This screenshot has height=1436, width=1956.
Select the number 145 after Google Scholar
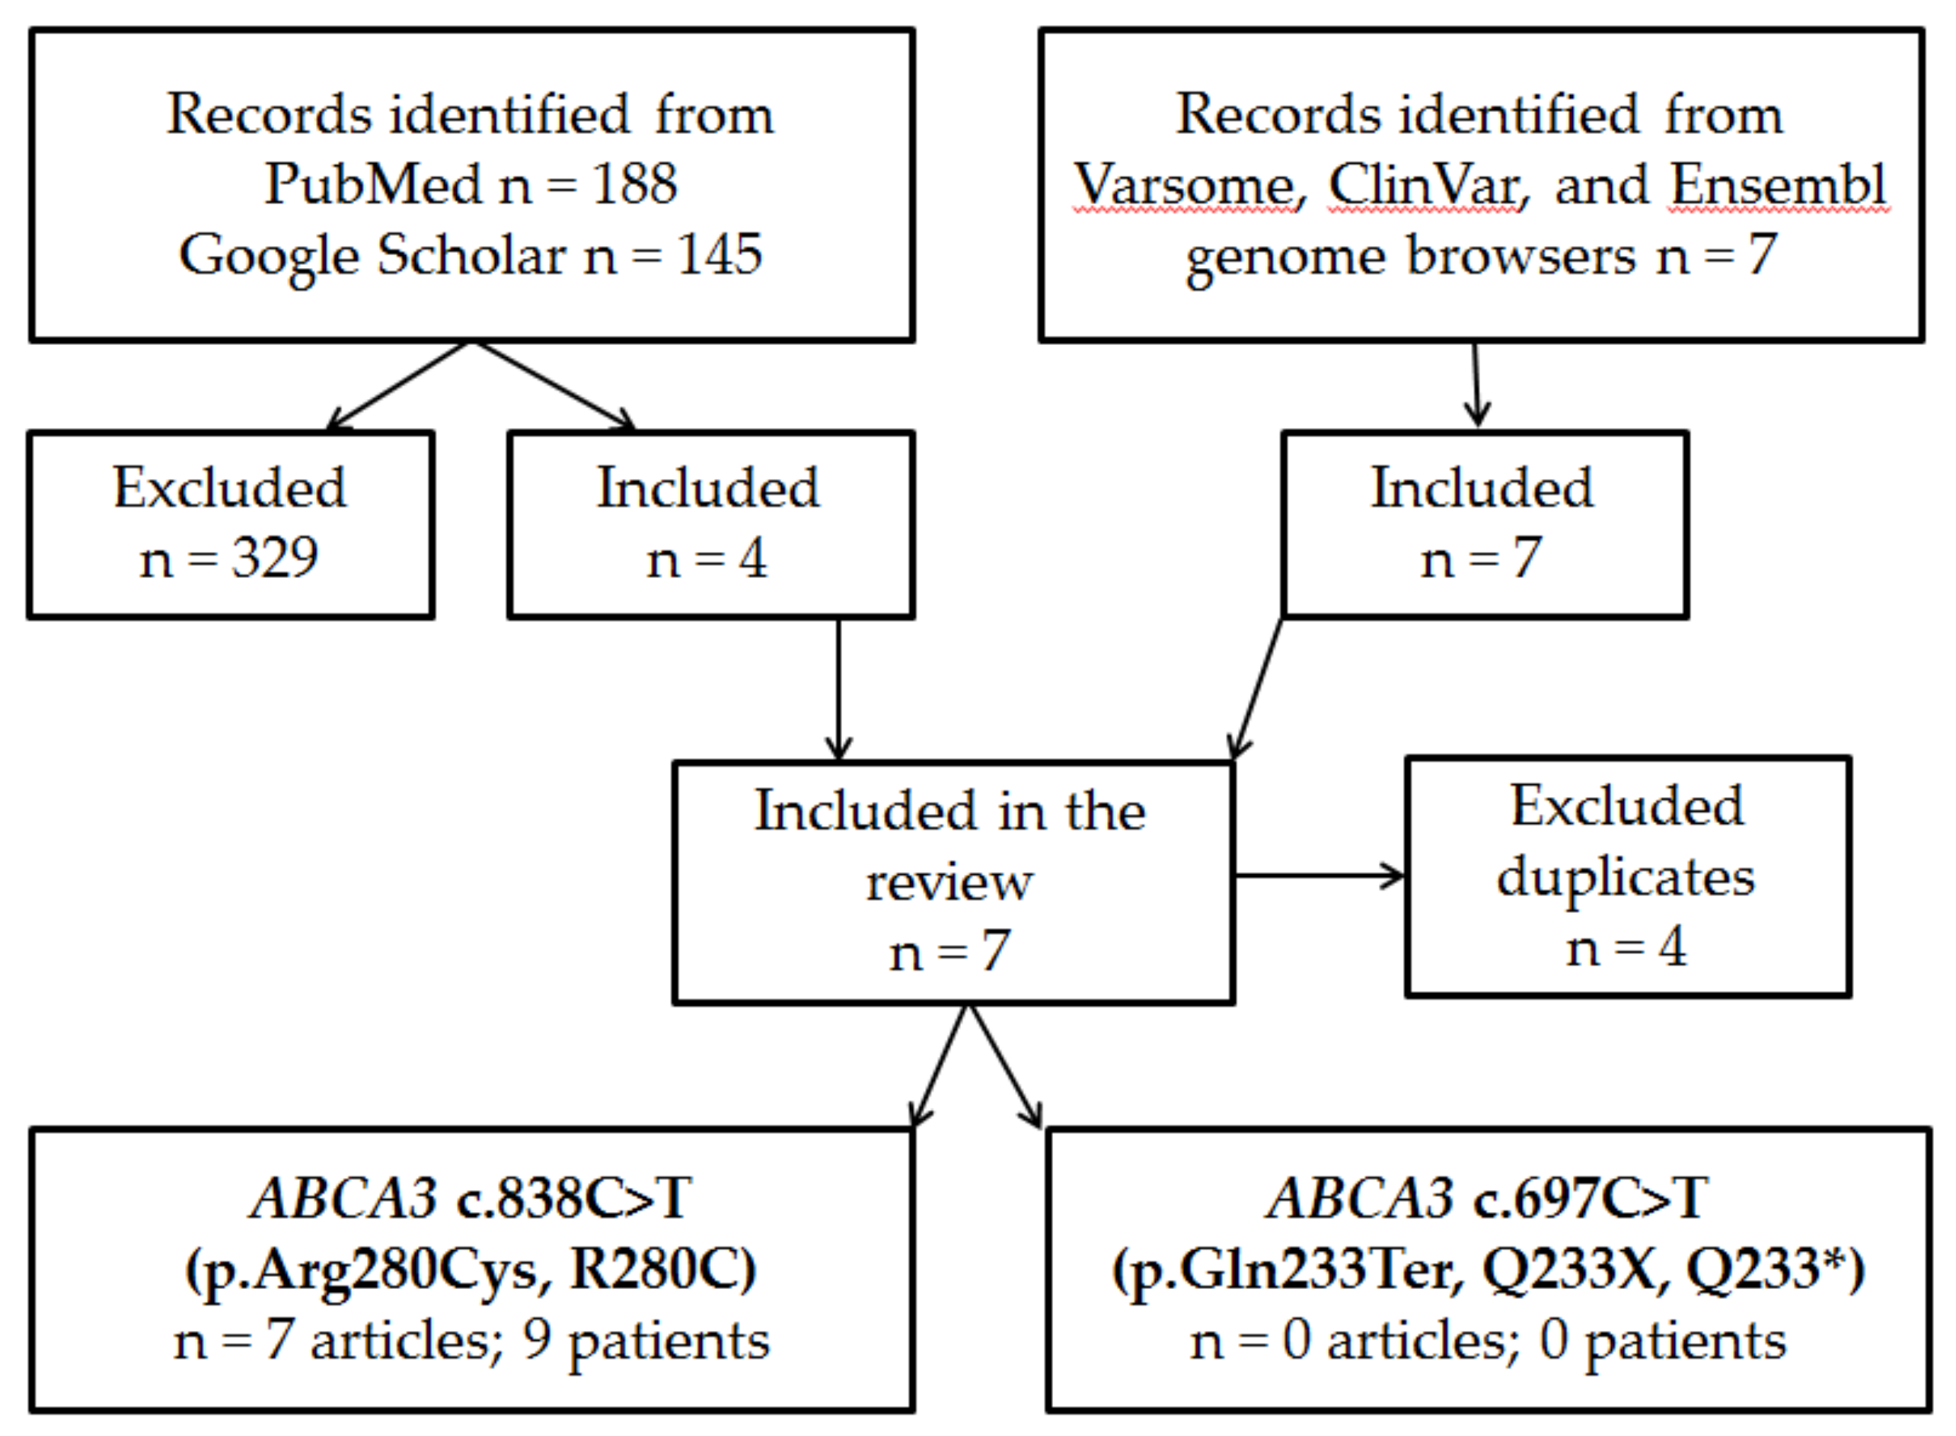coord(719,255)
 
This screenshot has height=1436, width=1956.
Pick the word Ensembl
coord(1778,185)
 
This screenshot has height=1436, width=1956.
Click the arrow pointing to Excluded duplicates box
coord(1319,876)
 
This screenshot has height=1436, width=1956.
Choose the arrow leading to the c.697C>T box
coord(1006,1068)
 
